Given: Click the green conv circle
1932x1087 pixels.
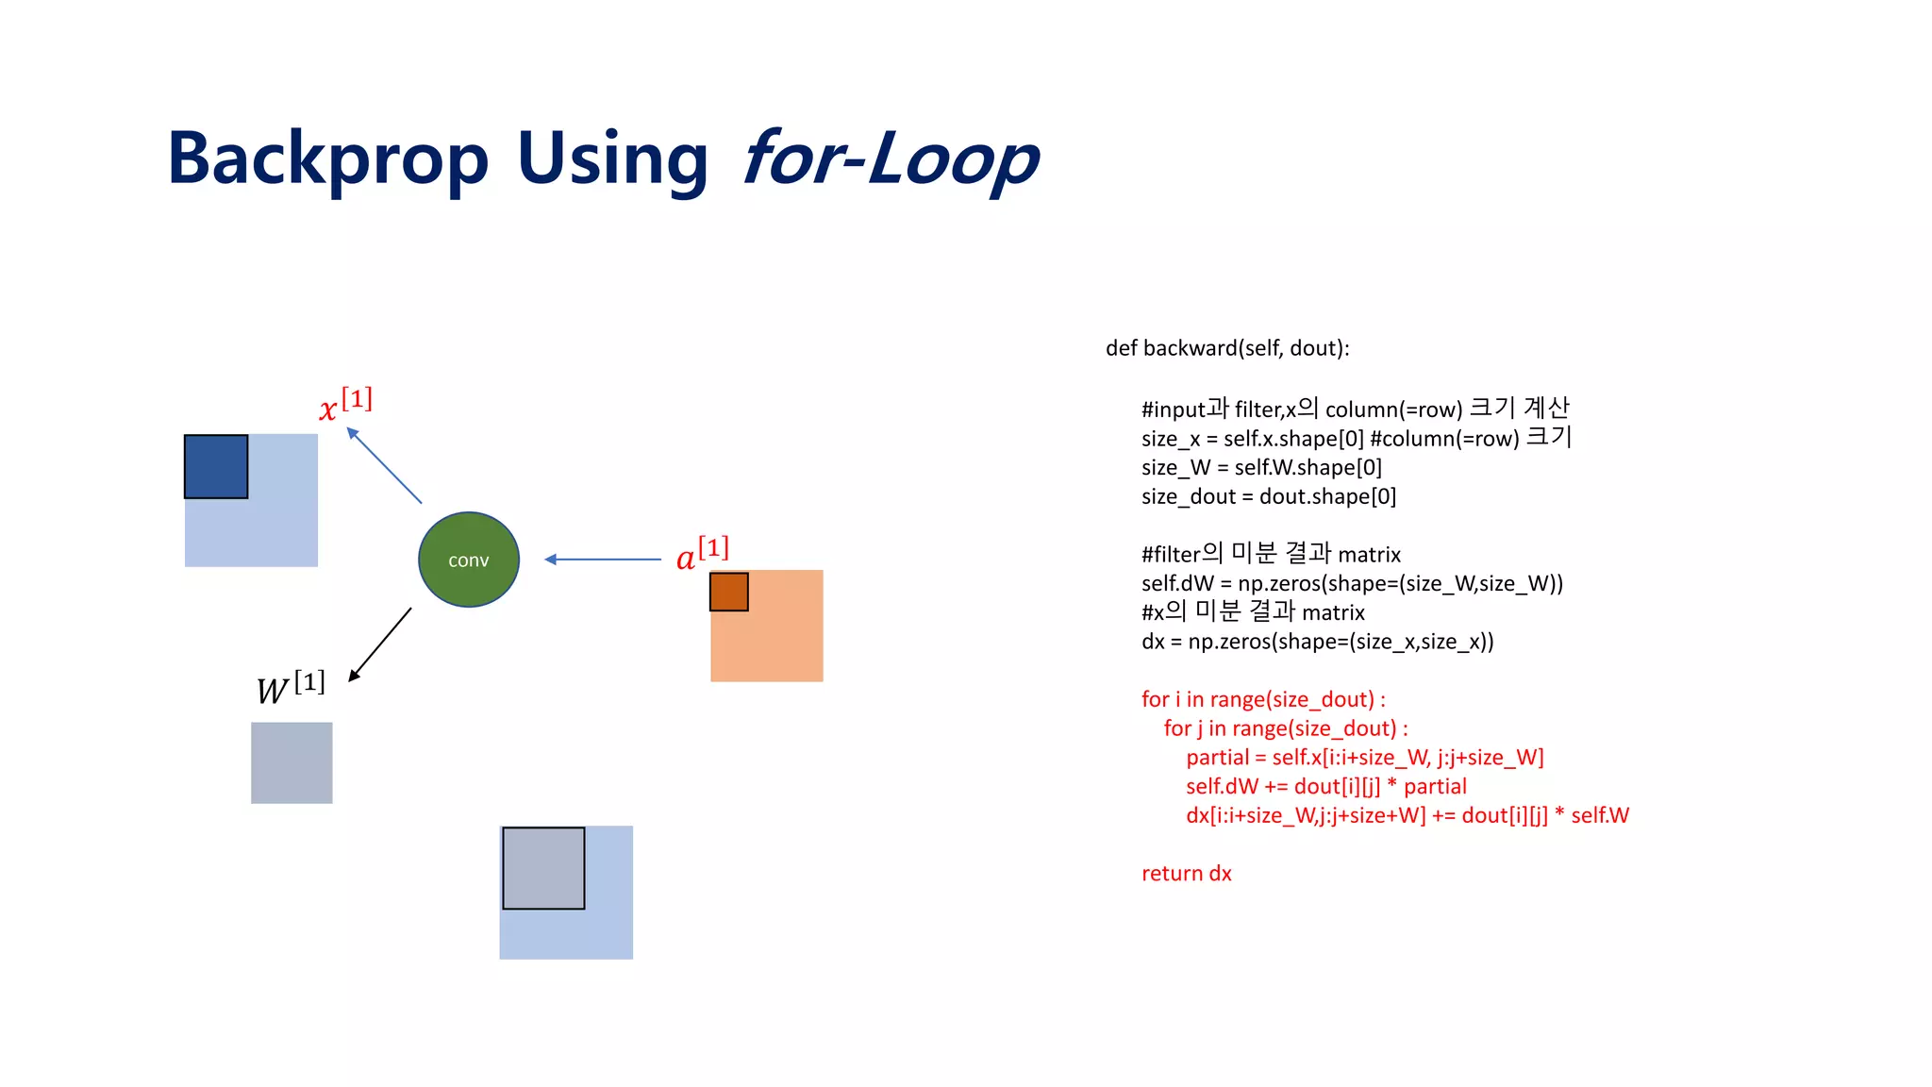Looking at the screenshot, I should click(469, 560).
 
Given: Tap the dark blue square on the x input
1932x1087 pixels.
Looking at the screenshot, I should click(216, 466).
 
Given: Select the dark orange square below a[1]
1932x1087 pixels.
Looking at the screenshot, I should click(729, 592).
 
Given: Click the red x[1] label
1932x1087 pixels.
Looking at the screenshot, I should click(345, 404).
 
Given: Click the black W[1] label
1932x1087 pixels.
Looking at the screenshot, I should click(291, 687).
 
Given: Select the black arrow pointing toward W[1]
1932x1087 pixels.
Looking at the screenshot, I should click(380, 644).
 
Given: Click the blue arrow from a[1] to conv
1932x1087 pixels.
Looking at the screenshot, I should click(603, 560).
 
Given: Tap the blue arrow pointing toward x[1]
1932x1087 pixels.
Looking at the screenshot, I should click(384, 465).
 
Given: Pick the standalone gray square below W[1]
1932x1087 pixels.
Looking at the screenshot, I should click(291, 762).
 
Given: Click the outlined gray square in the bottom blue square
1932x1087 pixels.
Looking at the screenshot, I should click(543, 868).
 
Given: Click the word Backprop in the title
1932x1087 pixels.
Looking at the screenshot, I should click(327, 159).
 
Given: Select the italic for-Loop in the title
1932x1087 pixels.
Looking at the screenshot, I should click(890, 159).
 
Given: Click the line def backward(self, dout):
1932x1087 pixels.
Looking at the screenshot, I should click(1227, 348).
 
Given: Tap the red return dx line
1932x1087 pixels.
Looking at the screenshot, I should click(1186, 874).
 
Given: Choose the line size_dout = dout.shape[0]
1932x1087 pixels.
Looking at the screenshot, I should click(1268, 496).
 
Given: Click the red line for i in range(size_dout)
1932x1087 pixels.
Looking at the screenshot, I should click(1263, 699).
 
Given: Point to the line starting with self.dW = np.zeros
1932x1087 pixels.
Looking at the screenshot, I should click(1352, 583).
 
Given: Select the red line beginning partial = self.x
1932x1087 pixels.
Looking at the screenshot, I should click(1364, 758).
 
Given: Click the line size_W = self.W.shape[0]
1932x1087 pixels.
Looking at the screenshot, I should click(1261, 467).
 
